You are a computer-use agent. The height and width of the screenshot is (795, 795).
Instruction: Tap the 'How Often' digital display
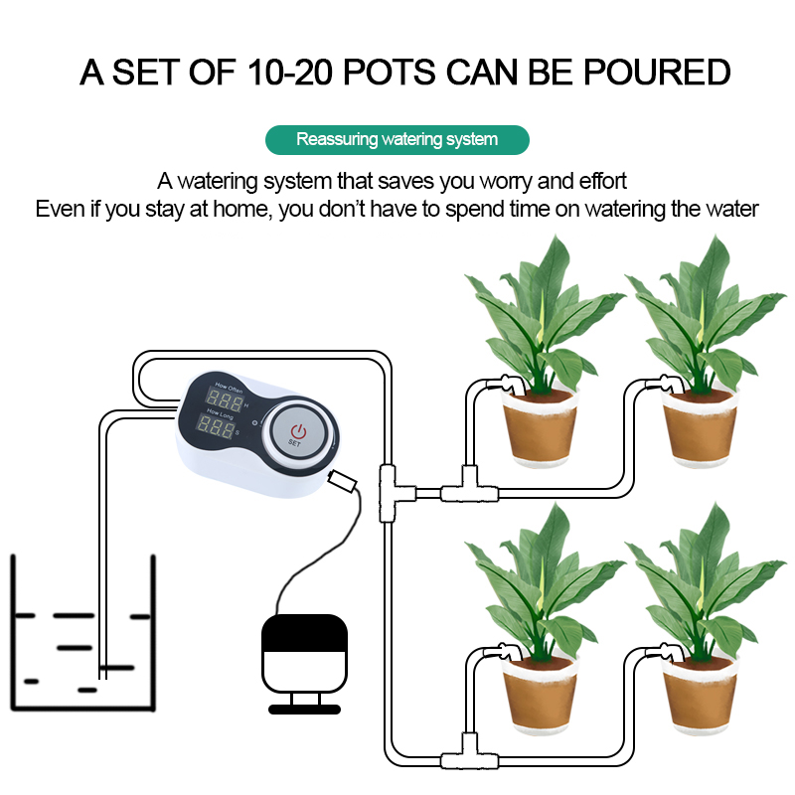(x=225, y=400)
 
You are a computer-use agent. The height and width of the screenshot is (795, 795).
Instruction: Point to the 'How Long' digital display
(x=216, y=426)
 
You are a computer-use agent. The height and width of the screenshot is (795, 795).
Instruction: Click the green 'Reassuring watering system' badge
(x=397, y=139)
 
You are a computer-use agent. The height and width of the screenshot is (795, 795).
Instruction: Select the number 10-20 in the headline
(x=289, y=72)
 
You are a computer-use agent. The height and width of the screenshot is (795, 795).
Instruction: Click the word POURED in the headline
(x=657, y=72)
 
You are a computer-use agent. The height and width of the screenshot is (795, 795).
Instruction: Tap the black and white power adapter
(x=304, y=663)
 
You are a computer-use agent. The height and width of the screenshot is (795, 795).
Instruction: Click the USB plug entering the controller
(x=342, y=481)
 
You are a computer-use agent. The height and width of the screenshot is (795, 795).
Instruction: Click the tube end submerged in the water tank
(x=103, y=676)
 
